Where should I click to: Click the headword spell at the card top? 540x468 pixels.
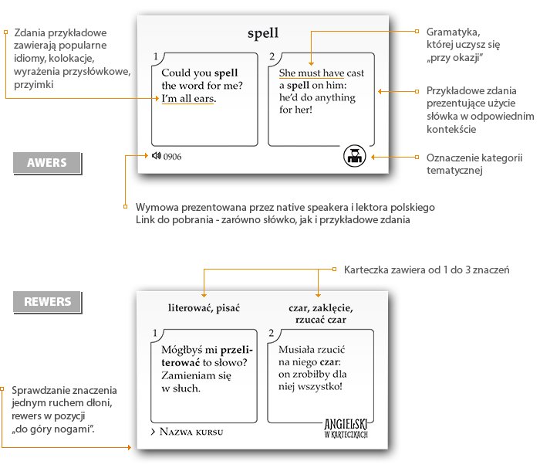click(x=263, y=33)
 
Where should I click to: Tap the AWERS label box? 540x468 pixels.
click(x=47, y=163)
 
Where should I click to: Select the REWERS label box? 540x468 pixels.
click(x=47, y=302)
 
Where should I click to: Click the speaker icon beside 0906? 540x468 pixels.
click(x=157, y=156)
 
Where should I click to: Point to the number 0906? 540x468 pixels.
click(x=172, y=157)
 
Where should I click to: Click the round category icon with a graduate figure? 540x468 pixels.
click(x=354, y=156)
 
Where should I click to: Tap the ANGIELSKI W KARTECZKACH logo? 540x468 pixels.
click(x=346, y=429)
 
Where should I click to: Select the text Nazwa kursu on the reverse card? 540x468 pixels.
click(x=191, y=432)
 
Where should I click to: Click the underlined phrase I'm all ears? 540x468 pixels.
click(x=189, y=99)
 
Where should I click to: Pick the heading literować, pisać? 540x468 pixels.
click(x=204, y=308)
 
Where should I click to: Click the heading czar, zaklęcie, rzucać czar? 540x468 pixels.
click(x=321, y=314)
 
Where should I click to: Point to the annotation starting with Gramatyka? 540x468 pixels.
click(x=463, y=45)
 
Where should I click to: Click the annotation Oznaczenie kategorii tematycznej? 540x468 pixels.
click(x=474, y=164)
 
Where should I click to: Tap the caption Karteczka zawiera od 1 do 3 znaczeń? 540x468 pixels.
click(x=427, y=270)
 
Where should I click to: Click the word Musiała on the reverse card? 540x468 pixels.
click(x=295, y=350)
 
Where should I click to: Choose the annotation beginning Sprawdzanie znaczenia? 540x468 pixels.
click(x=64, y=409)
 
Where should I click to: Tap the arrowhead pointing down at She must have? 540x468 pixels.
click(x=311, y=63)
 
